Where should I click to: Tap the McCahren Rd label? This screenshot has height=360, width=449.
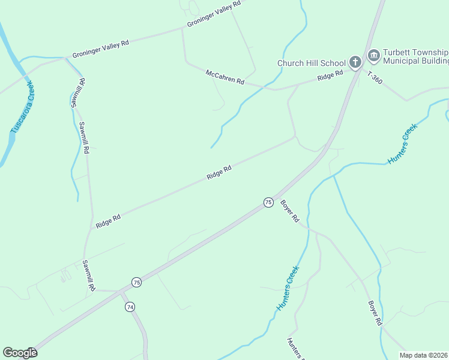225,77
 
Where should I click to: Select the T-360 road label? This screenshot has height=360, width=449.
375,78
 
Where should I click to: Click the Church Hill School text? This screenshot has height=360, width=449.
312,63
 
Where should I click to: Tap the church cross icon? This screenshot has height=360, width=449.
355,62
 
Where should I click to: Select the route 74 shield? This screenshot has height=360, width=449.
130,307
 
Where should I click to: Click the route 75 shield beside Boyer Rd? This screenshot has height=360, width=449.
268,202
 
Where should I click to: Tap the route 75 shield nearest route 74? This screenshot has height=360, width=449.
136,282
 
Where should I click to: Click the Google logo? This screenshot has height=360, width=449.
20,353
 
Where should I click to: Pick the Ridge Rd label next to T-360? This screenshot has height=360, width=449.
330,75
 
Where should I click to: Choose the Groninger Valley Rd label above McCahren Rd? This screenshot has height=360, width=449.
214,13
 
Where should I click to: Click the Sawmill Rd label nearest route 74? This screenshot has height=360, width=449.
89,276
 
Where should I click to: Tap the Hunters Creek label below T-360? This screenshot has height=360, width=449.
402,145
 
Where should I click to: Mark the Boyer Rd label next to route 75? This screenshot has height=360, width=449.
289,211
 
